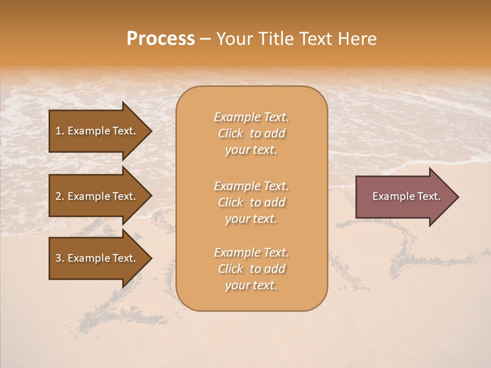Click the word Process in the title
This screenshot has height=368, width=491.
coord(161,39)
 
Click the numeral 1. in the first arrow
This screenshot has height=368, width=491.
coord(59,131)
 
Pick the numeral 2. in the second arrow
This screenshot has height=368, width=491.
coord(59,196)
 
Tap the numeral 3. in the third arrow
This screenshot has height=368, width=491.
coord(59,258)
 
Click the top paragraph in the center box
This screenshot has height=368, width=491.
coord(251,133)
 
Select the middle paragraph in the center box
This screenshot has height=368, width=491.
coord(251,202)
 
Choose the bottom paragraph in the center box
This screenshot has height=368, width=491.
coord(251,269)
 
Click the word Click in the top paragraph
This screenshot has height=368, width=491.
coord(230,133)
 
